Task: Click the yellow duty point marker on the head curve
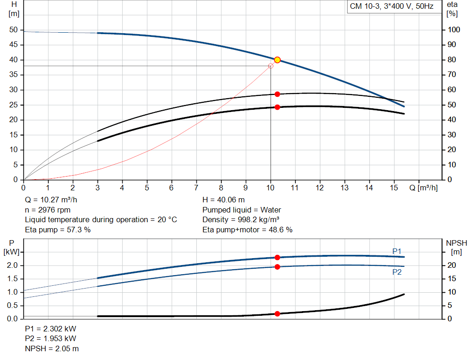(277, 60)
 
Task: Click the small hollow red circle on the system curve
(271, 66)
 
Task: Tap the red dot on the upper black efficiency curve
(277, 94)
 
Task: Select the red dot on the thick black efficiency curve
(277, 107)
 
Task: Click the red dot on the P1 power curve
(277, 258)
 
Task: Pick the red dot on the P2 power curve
(277, 267)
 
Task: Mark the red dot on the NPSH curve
(277, 314)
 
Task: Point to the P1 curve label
(397, 251)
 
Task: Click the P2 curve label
(397, 272)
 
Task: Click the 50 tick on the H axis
(13, 30)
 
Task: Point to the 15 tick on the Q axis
(393, 188)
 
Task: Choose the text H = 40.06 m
(224, 200)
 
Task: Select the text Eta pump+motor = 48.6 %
(248, 230)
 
